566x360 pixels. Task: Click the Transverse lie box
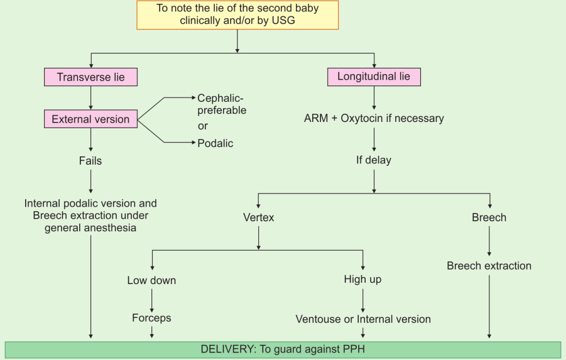point(90,77)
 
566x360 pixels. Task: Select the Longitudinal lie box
point(374,77)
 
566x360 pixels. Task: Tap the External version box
point(90,119)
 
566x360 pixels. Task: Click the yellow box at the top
point(237,15)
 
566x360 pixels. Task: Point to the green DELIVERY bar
point(283,350)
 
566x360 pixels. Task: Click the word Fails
point(90,160)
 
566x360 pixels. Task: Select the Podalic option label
point(215,143)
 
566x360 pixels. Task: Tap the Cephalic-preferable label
point(222,104)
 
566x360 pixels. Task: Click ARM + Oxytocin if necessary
point(374,118)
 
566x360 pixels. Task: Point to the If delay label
point(374,160)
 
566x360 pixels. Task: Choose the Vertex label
point(259,218)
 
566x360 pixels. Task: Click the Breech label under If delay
point(489,218)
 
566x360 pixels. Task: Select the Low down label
point(151,280)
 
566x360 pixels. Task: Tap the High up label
point(362,279)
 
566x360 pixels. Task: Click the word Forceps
point(151,318)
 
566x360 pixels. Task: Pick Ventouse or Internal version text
point(363,319)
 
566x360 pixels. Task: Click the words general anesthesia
point(90,228)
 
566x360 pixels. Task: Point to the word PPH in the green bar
point(354,350)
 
